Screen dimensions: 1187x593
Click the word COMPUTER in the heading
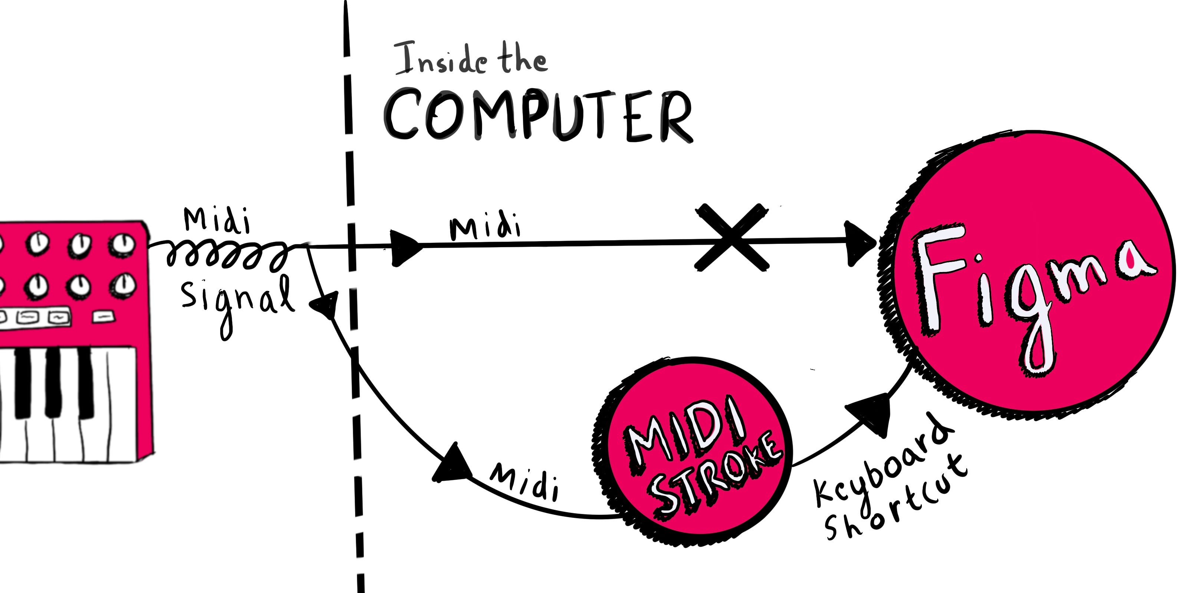pos(538,115)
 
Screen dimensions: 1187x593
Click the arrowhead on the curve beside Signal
pos(326,304)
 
